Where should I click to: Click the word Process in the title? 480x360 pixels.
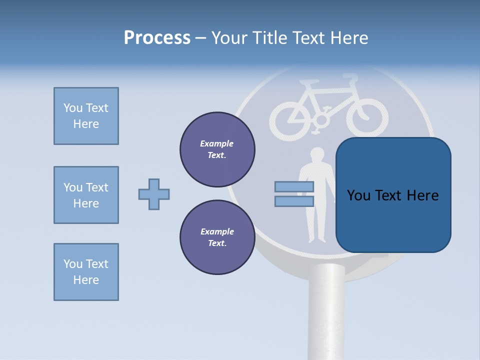pyautogui.click(x=157, y=38)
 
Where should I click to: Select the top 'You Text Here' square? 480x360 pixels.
pyautogui.click(x=86, y=116)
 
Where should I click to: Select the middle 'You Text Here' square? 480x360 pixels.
pyautogui.click(x=86, y=195)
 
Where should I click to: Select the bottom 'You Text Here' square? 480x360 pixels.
pyautogui.click(x=86, y=272)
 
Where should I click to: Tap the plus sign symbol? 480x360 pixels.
pyautogui.click(x=154, y=194)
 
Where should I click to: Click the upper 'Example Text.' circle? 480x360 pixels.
pyautogui.click(x=217, y=149)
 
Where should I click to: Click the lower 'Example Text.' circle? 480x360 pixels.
pyautogui.click(x=217, y=237)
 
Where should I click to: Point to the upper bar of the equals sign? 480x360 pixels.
pyautogui.click(x=294, y=186)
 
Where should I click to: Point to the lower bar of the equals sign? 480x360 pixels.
pyautogui.click(x=294, y=201)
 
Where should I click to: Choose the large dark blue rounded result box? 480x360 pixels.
pyautogui.click(x=393, y=195)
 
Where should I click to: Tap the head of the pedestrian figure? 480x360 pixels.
pyautogui.click(x=316, y=154)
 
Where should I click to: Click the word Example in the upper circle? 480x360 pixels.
pyautogui.click(x=217, y=143)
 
